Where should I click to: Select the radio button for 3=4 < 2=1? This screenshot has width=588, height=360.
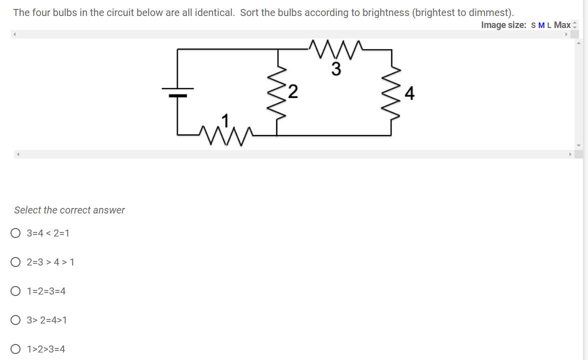[16, 233]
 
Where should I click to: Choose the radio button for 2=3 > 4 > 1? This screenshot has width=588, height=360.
[16, 262]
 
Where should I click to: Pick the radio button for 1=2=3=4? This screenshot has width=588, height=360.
[16, 291]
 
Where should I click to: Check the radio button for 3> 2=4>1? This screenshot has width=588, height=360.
[16, 320]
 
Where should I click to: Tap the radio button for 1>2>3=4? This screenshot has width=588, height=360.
[16, 349]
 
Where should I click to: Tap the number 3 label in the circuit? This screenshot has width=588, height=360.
[336, 69]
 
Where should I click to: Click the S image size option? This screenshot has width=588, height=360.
[533, 25]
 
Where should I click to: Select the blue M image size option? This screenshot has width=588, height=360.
[541, 25]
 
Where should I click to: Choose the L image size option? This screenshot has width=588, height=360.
[549, 25]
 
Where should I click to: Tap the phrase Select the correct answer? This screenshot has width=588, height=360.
[70, 210]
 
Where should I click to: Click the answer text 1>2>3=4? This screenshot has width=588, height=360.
[46, 349]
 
